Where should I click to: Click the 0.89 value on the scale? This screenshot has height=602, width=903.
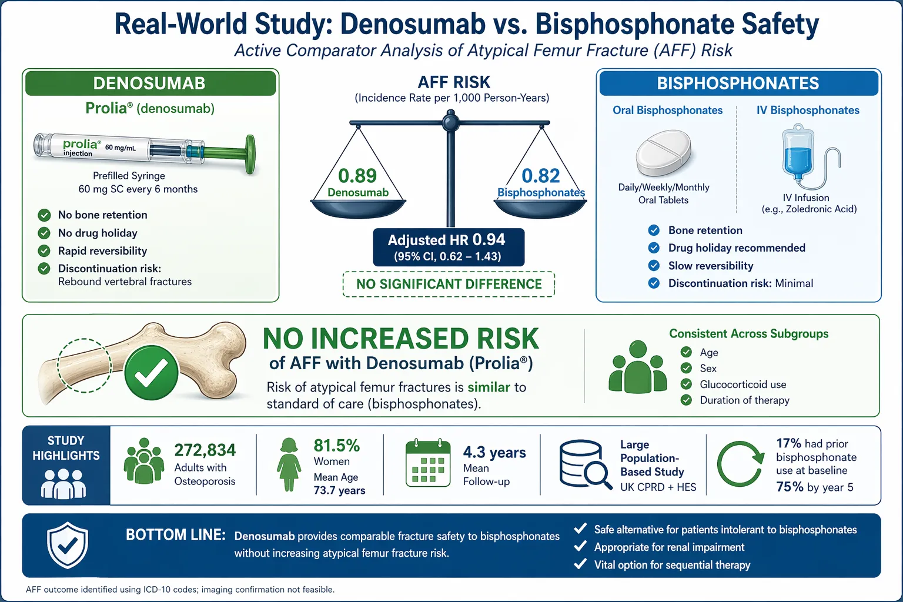click(x=357, y=176)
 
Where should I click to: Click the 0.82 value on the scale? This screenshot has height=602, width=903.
click(x=541, y=176)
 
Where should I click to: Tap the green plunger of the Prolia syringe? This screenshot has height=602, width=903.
click(x=250, y=153)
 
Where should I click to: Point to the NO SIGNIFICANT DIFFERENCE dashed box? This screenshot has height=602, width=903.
click(x=449, y=284)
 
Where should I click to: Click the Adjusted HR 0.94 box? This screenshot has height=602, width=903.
click(x=448, y=248)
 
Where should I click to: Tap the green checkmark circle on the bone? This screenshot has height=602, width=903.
click(x=151, y=373)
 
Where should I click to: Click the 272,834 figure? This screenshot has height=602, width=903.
click(x=205, y=450)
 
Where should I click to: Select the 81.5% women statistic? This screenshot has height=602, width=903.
click(x=336, y=446)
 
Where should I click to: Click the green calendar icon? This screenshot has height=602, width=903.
click(x=428, y=463)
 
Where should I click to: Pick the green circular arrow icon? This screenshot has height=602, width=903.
click(x=740, y=464)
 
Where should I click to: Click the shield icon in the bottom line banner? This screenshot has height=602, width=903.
click(x=68, y=545)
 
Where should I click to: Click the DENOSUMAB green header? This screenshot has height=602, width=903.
click(x=150, y=83)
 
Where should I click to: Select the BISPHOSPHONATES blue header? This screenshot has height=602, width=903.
click(x=738, y=83)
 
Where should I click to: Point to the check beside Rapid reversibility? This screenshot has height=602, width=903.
click(x=44, y=251)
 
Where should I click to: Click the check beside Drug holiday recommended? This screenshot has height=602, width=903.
click(x=654, y=248)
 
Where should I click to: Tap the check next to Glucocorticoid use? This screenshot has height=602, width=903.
click(x=686, y=384)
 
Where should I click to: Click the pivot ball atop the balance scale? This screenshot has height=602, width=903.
click(x=451, y=122)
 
